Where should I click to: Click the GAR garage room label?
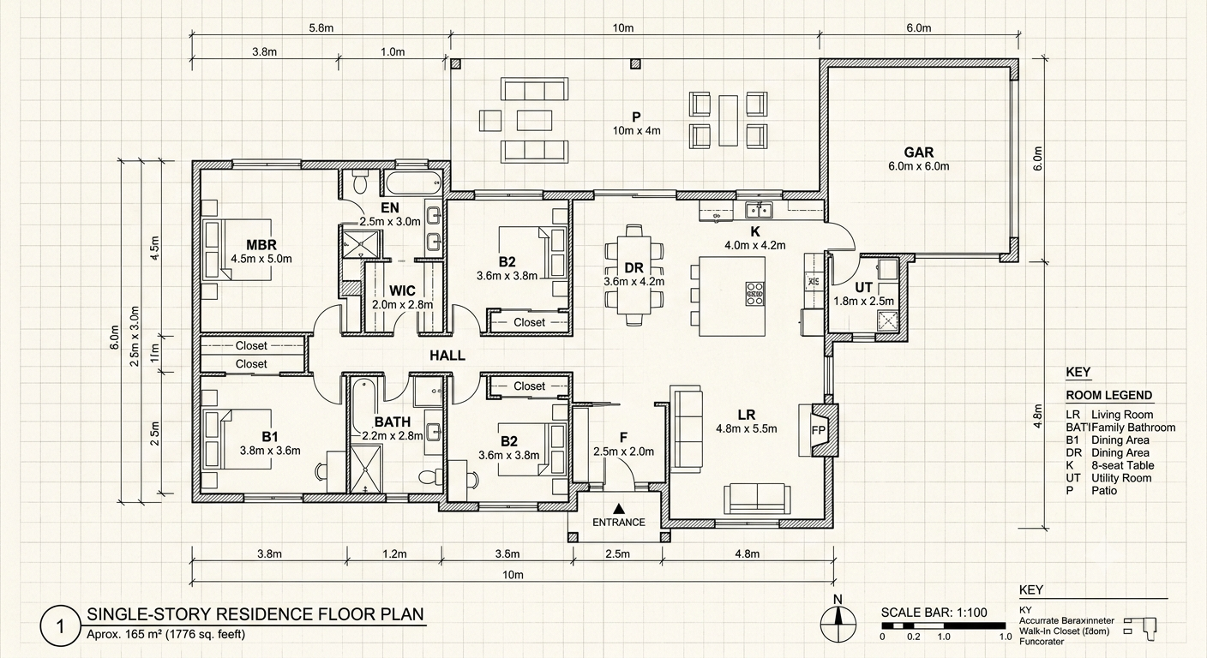click(919, 153)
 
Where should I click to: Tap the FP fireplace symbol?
click(819, 430)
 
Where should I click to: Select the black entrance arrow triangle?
click(619, 508)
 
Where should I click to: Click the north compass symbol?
click(838, 623)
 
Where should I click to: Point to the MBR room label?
click(261, 245)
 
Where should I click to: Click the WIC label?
click(402, 290)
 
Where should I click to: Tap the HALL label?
click(447, 356)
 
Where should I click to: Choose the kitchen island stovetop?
click(755, 294)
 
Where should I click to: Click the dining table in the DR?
click(634, 275)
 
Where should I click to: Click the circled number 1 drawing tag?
click(60, 627)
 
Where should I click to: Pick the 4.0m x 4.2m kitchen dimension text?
click(755, 246)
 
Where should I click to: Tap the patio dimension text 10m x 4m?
click(636, 131)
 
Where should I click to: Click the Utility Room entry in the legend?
click(1121, 478)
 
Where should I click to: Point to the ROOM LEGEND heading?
click(1109, 395)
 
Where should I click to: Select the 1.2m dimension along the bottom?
click(394, 554)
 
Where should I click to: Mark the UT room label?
click(863, 288)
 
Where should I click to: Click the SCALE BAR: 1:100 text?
click(934, 613)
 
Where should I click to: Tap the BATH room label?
click(393, 422)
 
